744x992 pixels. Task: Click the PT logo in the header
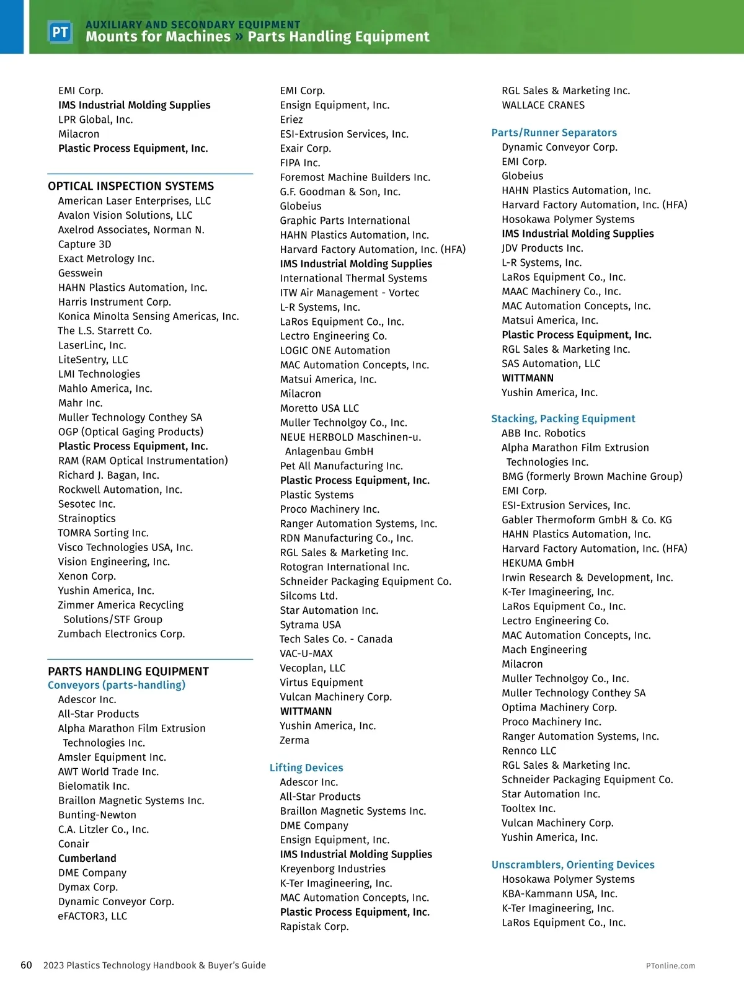(60, 32)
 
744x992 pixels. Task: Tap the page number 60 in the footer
(26, 965)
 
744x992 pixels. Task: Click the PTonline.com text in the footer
(670, 965)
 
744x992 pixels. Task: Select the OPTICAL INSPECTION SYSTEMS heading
(131, 186)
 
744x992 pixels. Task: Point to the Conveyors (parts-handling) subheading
(117, 685)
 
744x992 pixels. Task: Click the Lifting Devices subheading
(306, 768)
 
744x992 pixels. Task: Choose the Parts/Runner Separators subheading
(554, 133)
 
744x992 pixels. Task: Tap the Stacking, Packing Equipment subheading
(563, 418)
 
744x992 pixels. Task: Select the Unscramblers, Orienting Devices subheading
(573, 865)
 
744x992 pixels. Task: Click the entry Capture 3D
(85, 244)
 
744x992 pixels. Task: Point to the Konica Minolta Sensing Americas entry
(149, 316)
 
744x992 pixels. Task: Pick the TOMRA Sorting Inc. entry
(104, 533)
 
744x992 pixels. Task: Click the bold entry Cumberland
(87, 858)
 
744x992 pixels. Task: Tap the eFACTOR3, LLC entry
(92, 916)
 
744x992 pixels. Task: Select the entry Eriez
(291, 120)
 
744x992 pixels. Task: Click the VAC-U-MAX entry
(306, 653)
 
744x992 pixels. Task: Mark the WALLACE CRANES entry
(543, 105)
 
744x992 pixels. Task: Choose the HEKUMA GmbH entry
(538, 563)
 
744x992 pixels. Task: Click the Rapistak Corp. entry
(314, 926)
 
